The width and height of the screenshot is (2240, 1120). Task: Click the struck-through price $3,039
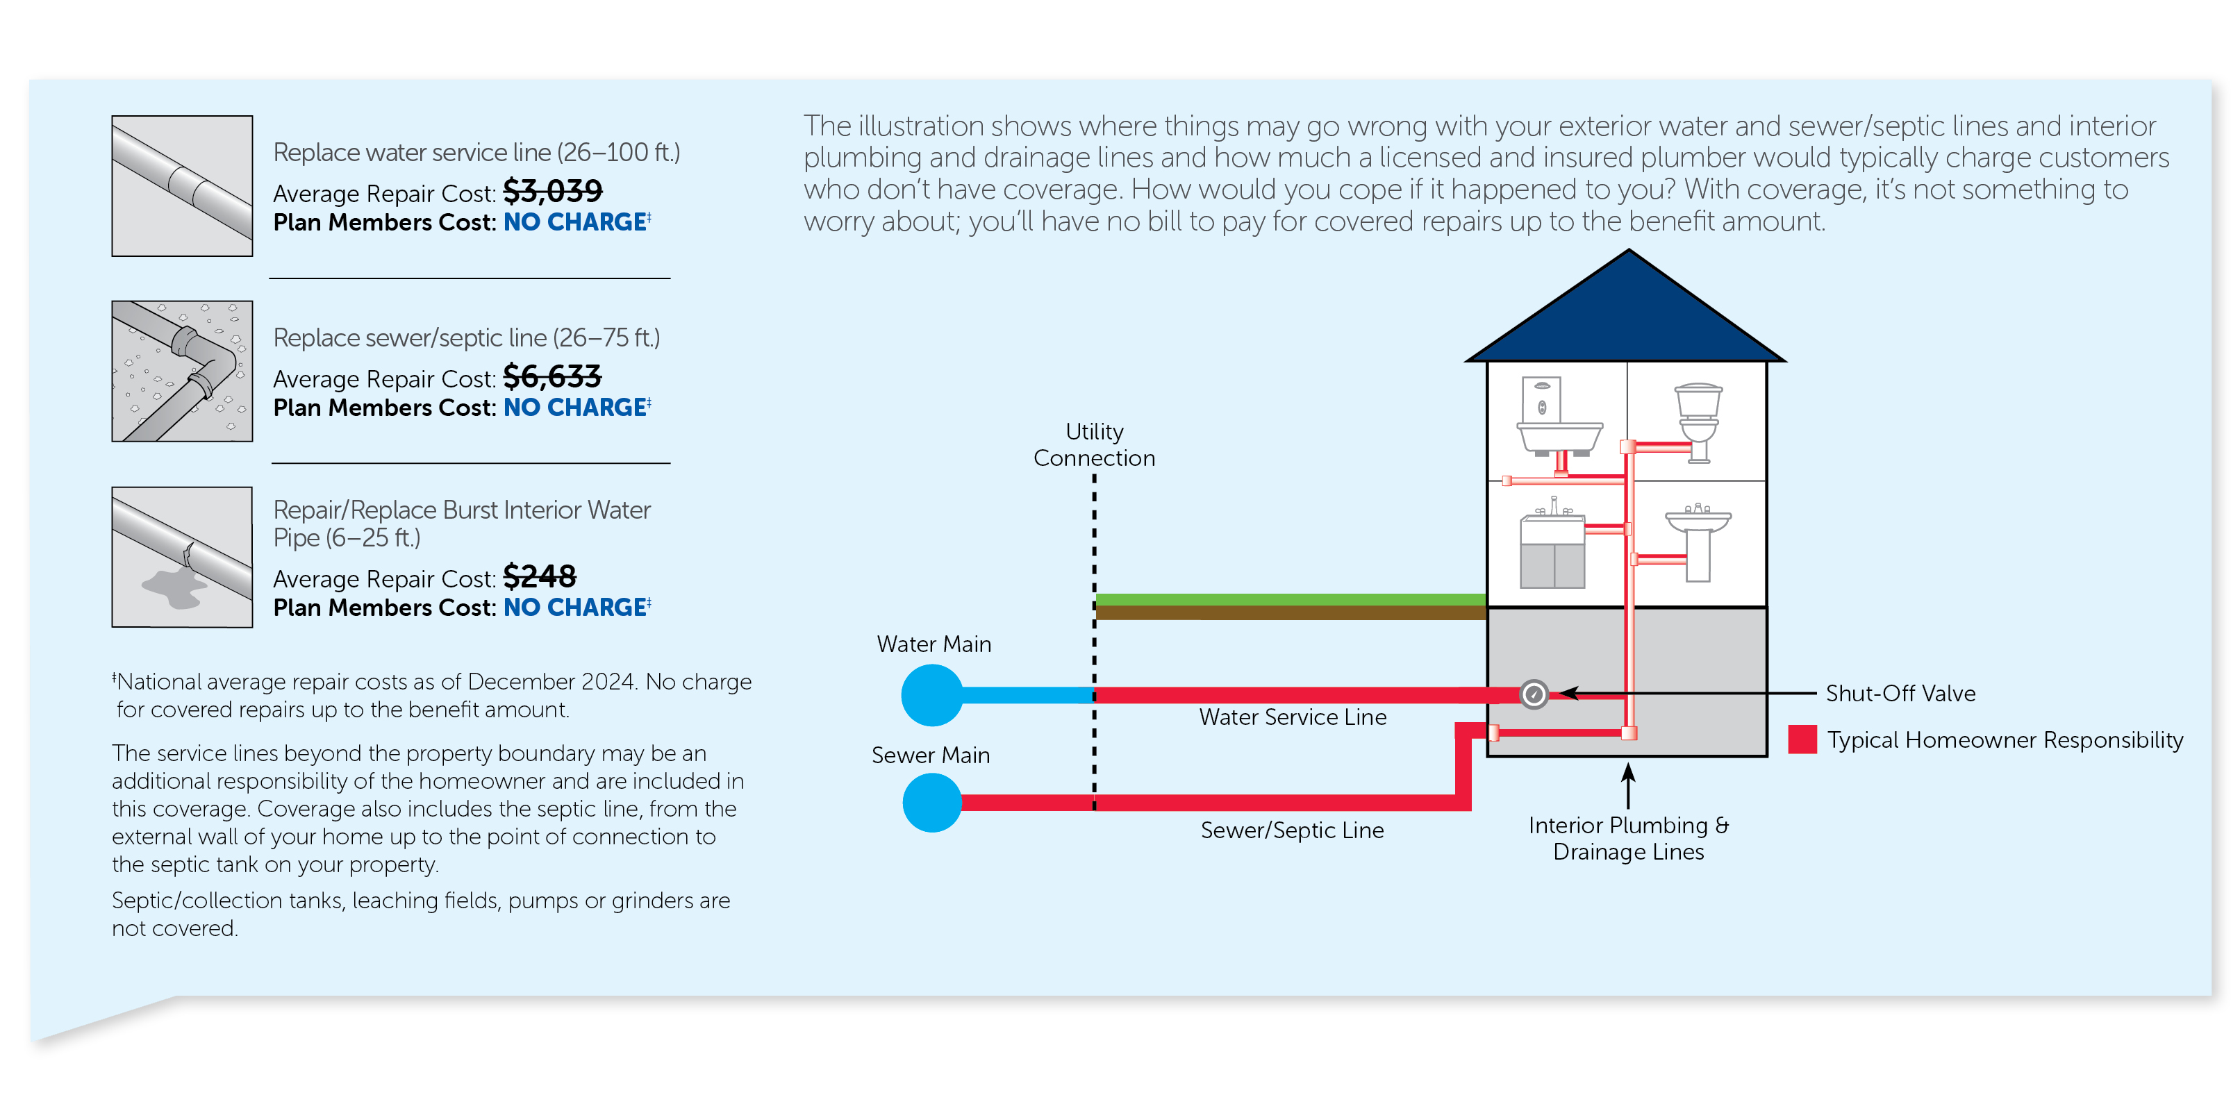[x=552, y=192]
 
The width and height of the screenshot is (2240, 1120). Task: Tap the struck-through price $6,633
[x=552, y=376]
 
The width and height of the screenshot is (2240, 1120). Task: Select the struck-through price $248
[x=539, y=576]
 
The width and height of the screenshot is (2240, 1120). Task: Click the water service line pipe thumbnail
[x=182, y=186]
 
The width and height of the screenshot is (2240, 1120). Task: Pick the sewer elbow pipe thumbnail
[x=182, y=371]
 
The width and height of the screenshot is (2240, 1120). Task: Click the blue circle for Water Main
[x=931, y=695]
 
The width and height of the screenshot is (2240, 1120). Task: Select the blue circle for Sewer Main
[x=931, y=803]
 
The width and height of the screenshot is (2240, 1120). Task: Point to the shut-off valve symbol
[x=1533, y=694]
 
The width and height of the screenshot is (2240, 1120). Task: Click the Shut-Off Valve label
[x=1900, y=693]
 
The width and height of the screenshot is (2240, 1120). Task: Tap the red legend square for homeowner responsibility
[x=1802, y=739]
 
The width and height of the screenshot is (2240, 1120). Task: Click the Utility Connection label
[x=1094, y=444]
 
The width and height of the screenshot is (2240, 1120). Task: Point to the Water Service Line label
[x=1292, y=717]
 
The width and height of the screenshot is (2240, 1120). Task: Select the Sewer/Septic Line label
[x=1292, y=830]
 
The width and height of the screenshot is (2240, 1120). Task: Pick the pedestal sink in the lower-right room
[x=1698, y=539]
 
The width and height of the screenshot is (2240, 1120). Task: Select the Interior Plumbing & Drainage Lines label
[x=1628, y=838]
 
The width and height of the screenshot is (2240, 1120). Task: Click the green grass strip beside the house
[x=1291, y=599]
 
